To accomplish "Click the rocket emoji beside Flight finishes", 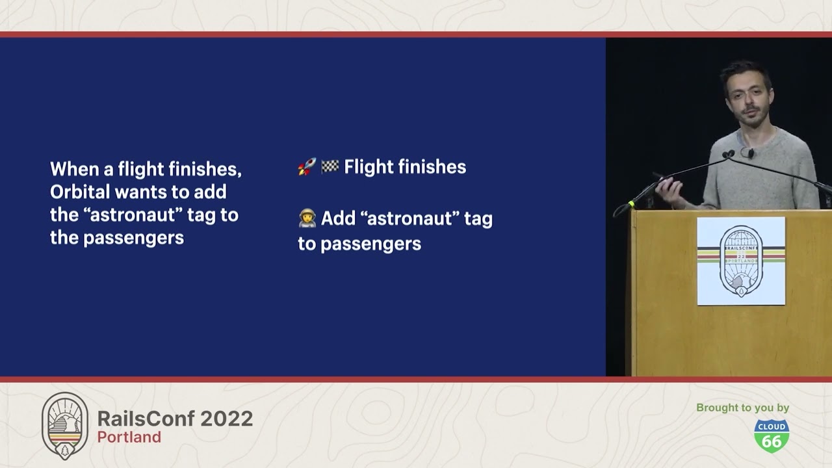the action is click(307, 166).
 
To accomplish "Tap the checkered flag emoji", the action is click(330, 166).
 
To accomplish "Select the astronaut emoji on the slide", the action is click(307, 218).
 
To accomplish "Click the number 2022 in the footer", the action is click(227, 419).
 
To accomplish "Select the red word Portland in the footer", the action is click(129, 437).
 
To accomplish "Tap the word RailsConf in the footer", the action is click(146, 419).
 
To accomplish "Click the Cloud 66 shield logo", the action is click(772, 436).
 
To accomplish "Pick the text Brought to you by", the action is click(742, 408).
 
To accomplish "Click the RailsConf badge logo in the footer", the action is click(65, 426).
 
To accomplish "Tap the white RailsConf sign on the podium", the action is click(741, 261).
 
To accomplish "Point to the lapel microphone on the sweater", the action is click(751, 153).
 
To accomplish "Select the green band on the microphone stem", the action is click(631, 203).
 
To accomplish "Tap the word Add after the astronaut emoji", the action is click(338, 218).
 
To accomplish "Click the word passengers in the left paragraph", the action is click(134, 239).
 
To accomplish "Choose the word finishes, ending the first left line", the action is click(205, 170).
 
